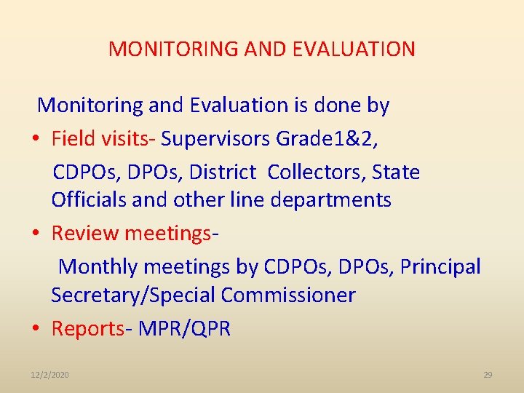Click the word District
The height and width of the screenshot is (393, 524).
(x=223, y=172)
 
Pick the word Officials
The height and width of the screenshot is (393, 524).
(x=89, y=199)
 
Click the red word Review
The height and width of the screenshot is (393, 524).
(x=85, y=234)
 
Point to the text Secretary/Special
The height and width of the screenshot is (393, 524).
(x=133, y=295)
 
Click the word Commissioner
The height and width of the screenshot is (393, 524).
(x=288, y=295)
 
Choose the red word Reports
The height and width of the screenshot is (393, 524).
(x=87, y=329)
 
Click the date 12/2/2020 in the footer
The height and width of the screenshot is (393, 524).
(x=50, y=375)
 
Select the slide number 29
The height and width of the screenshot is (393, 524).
(x=488, y=375)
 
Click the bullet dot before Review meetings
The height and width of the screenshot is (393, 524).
(x=36, y=234)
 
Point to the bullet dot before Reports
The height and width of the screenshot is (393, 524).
(x=36, y=329)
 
